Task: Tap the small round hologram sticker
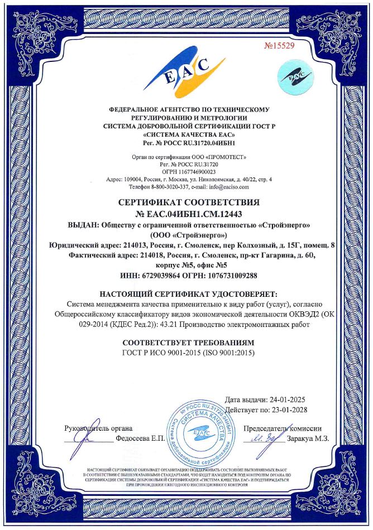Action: [295, 75]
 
